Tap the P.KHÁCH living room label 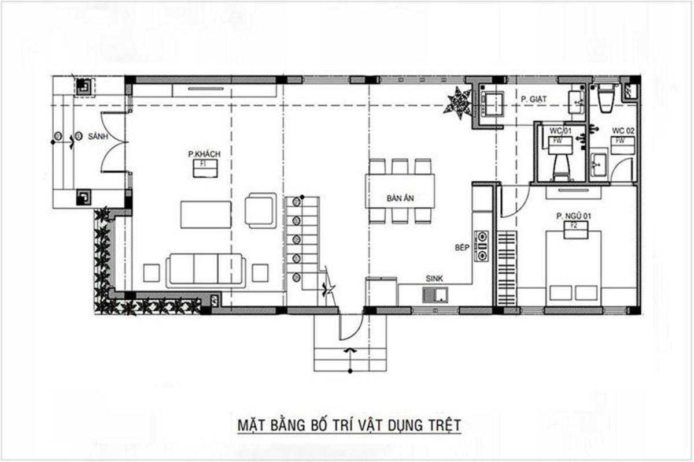pyautogui.click(x=204, y=154)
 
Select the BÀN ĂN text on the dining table pyautogui.click(x=400, y=198)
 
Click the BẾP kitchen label pyautogui.click(x=461, y=247)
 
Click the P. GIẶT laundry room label pyautogui.click(x=534, y=99)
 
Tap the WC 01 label pyautogui.click(x=560, y=132)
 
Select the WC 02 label pyautogui.click(x=623, y=132)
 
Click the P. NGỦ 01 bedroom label pyautogui.click(x=574, y=216)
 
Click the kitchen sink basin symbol pyautogui.click(x=435, y=296)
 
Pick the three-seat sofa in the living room pyautogui.click(x=206, y=270)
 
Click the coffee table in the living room pyautogui.click(x=205, y=214)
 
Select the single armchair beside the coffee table pyautogui.click(x=260, y=210)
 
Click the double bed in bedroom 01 pyautogui.click(x=573, y=266)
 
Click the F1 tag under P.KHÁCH pyautogui.click(x=204, y=164)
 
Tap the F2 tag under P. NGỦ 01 pyautogui.click(x=574, y=225)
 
